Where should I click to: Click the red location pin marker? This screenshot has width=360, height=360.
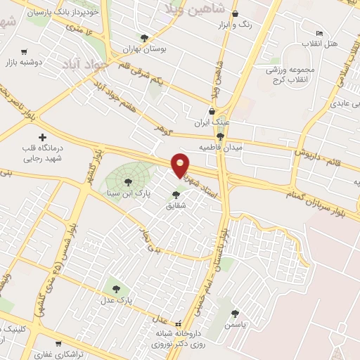tap(180, 164)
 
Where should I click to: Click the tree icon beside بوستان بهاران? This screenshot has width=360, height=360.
tap(144, 38)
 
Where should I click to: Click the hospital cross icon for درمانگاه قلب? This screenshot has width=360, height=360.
tap(42, 137)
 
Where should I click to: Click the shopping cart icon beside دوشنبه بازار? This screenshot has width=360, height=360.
tap(24, 51)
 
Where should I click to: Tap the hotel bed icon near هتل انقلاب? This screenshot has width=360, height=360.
tap(319, 33)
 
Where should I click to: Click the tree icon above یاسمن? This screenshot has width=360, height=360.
tap(235, 314)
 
